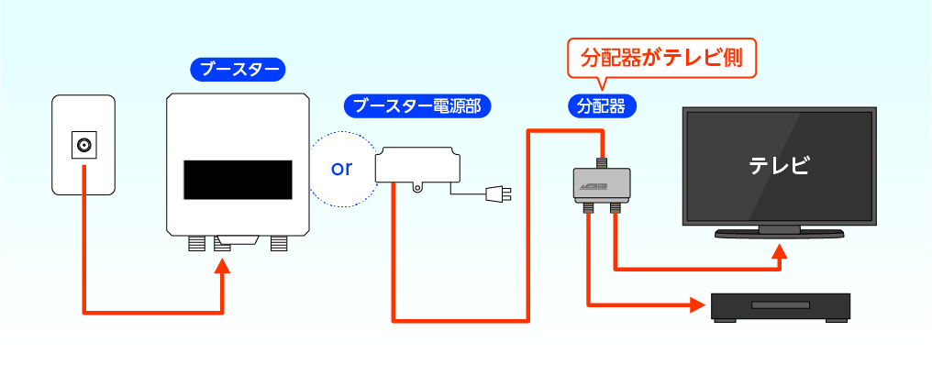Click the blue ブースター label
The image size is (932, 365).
pyautogui.click(x=237, y=69)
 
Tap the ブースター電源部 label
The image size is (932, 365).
pyautogui.click(x=417, y=106)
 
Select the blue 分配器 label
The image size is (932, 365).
pyautogui.click(x=602, y=106)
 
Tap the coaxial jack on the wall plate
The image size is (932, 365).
pyautogui.click(x=84, y=144)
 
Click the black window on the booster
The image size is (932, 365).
pyautogui.click(x=238, y=179)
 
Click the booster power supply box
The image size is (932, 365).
pyautogui.click(x=417, y=165)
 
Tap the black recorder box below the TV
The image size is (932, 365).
pyautogui.click(x=782, y=305)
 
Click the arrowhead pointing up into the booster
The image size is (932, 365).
pyautogui.click(x=223, y=267)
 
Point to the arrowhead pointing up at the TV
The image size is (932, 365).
pyautogui.click(x=781, y=252)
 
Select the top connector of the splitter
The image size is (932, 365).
pyautogui.click(x=603, y=162)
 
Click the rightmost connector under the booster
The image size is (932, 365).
pyautogui.click(x=278, y=243)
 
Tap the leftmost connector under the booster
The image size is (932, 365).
pyautogui.click(x=196, y=243)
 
